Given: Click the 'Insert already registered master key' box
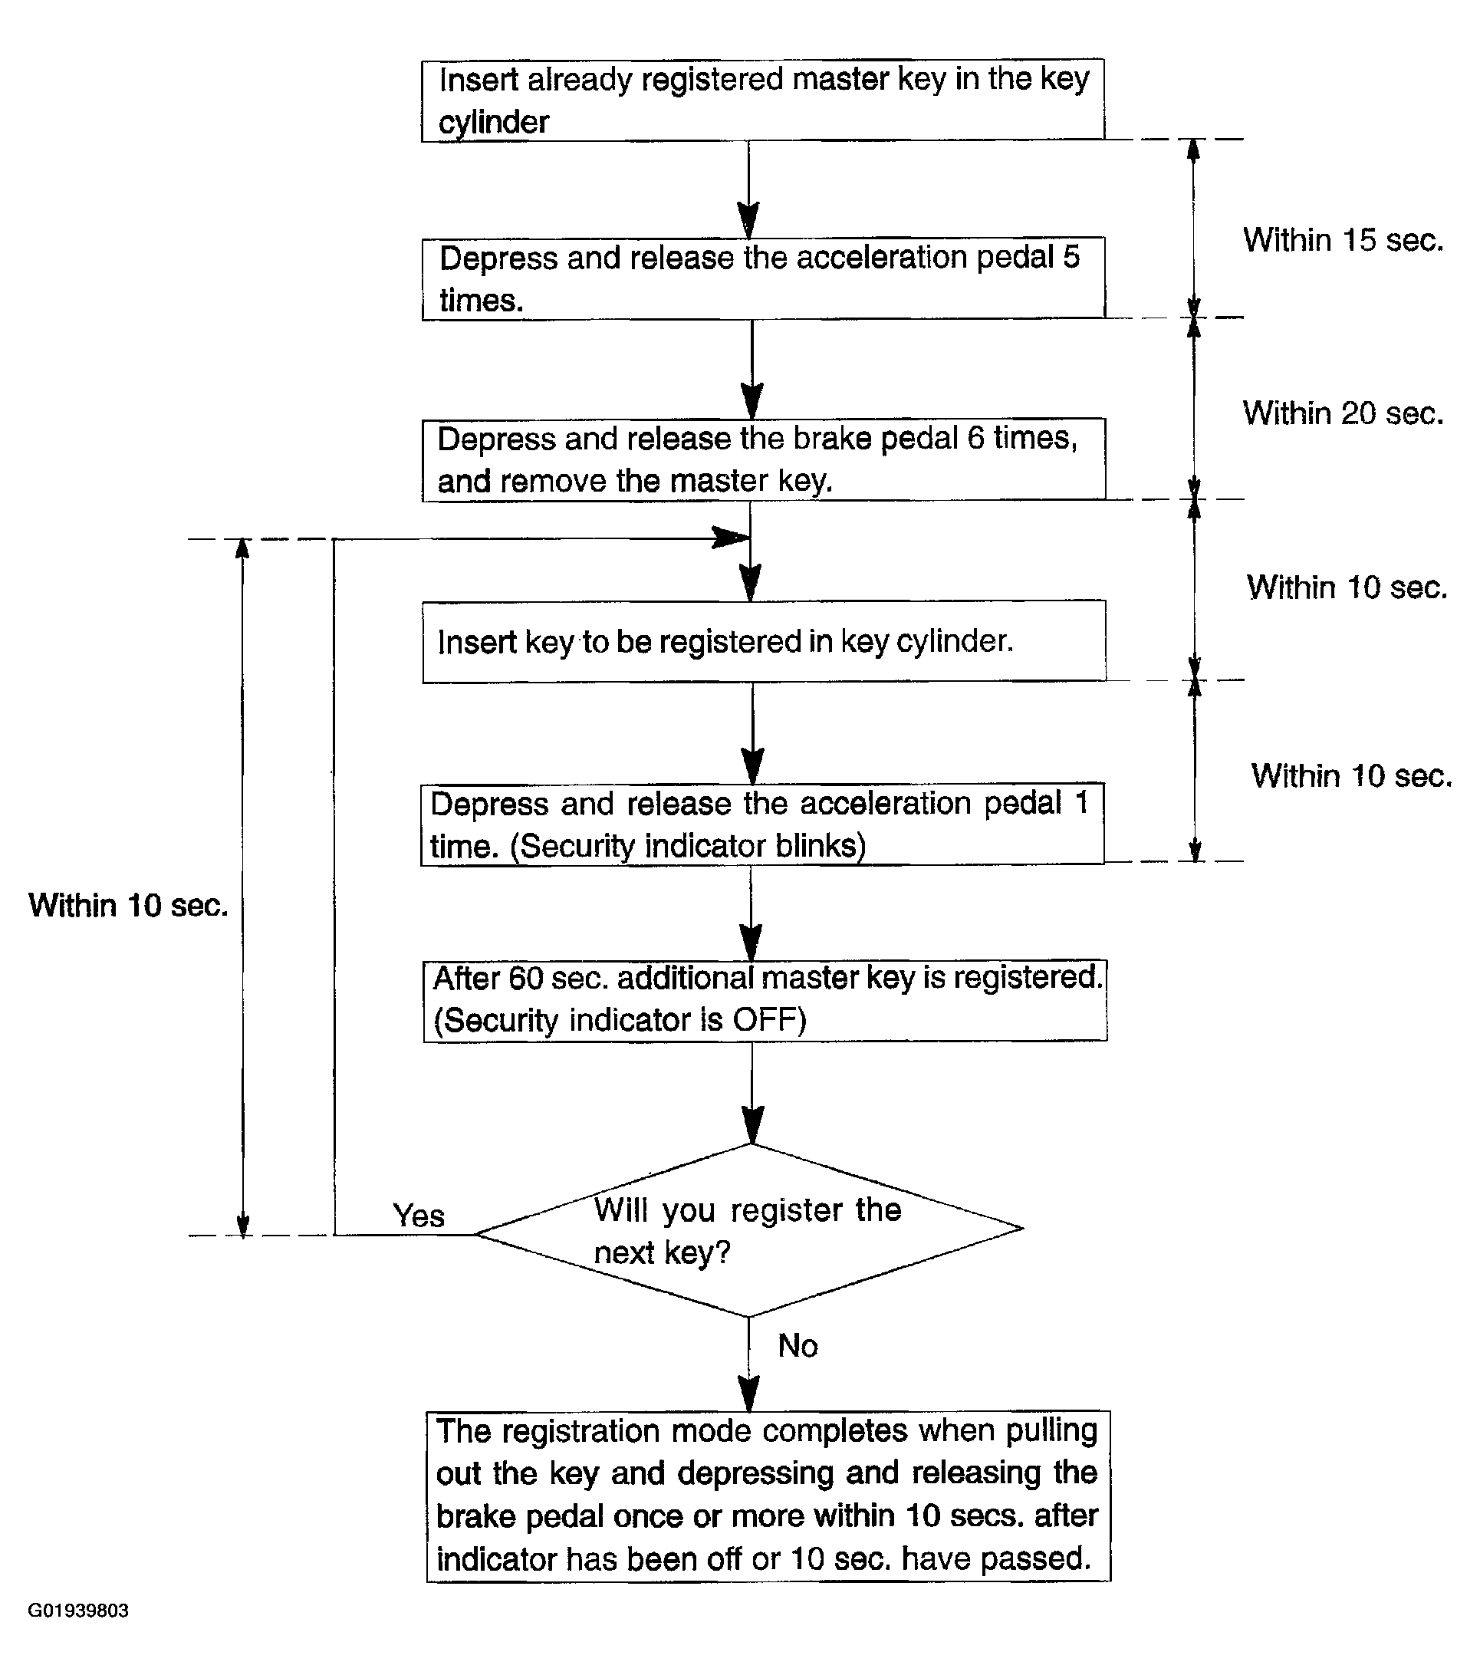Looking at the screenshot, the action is pos(763,100).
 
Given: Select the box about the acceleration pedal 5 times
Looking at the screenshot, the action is pos(764,278).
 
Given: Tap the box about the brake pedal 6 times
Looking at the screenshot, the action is pos(764,459).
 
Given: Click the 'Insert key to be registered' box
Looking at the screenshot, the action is pos(764,642).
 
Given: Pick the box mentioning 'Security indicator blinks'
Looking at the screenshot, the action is pos(763,824).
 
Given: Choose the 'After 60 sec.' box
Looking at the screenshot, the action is pos(765,1001).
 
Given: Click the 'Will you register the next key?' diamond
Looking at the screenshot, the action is pos(749,1230).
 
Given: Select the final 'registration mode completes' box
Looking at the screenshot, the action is pos(768,1496).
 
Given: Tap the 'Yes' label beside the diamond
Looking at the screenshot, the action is pos(419,1216).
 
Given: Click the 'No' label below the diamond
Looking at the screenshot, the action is pos(798,1345).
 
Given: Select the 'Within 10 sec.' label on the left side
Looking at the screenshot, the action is pos(129,906).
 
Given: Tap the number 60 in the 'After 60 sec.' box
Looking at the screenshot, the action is pos(526,979).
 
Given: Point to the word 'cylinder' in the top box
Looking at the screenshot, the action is pos(494,123).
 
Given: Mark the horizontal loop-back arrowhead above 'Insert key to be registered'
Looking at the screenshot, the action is pos(730,538).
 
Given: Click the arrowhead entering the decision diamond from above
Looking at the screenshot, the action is pos(752,1125).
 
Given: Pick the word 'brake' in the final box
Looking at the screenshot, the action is pos(476,1516).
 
